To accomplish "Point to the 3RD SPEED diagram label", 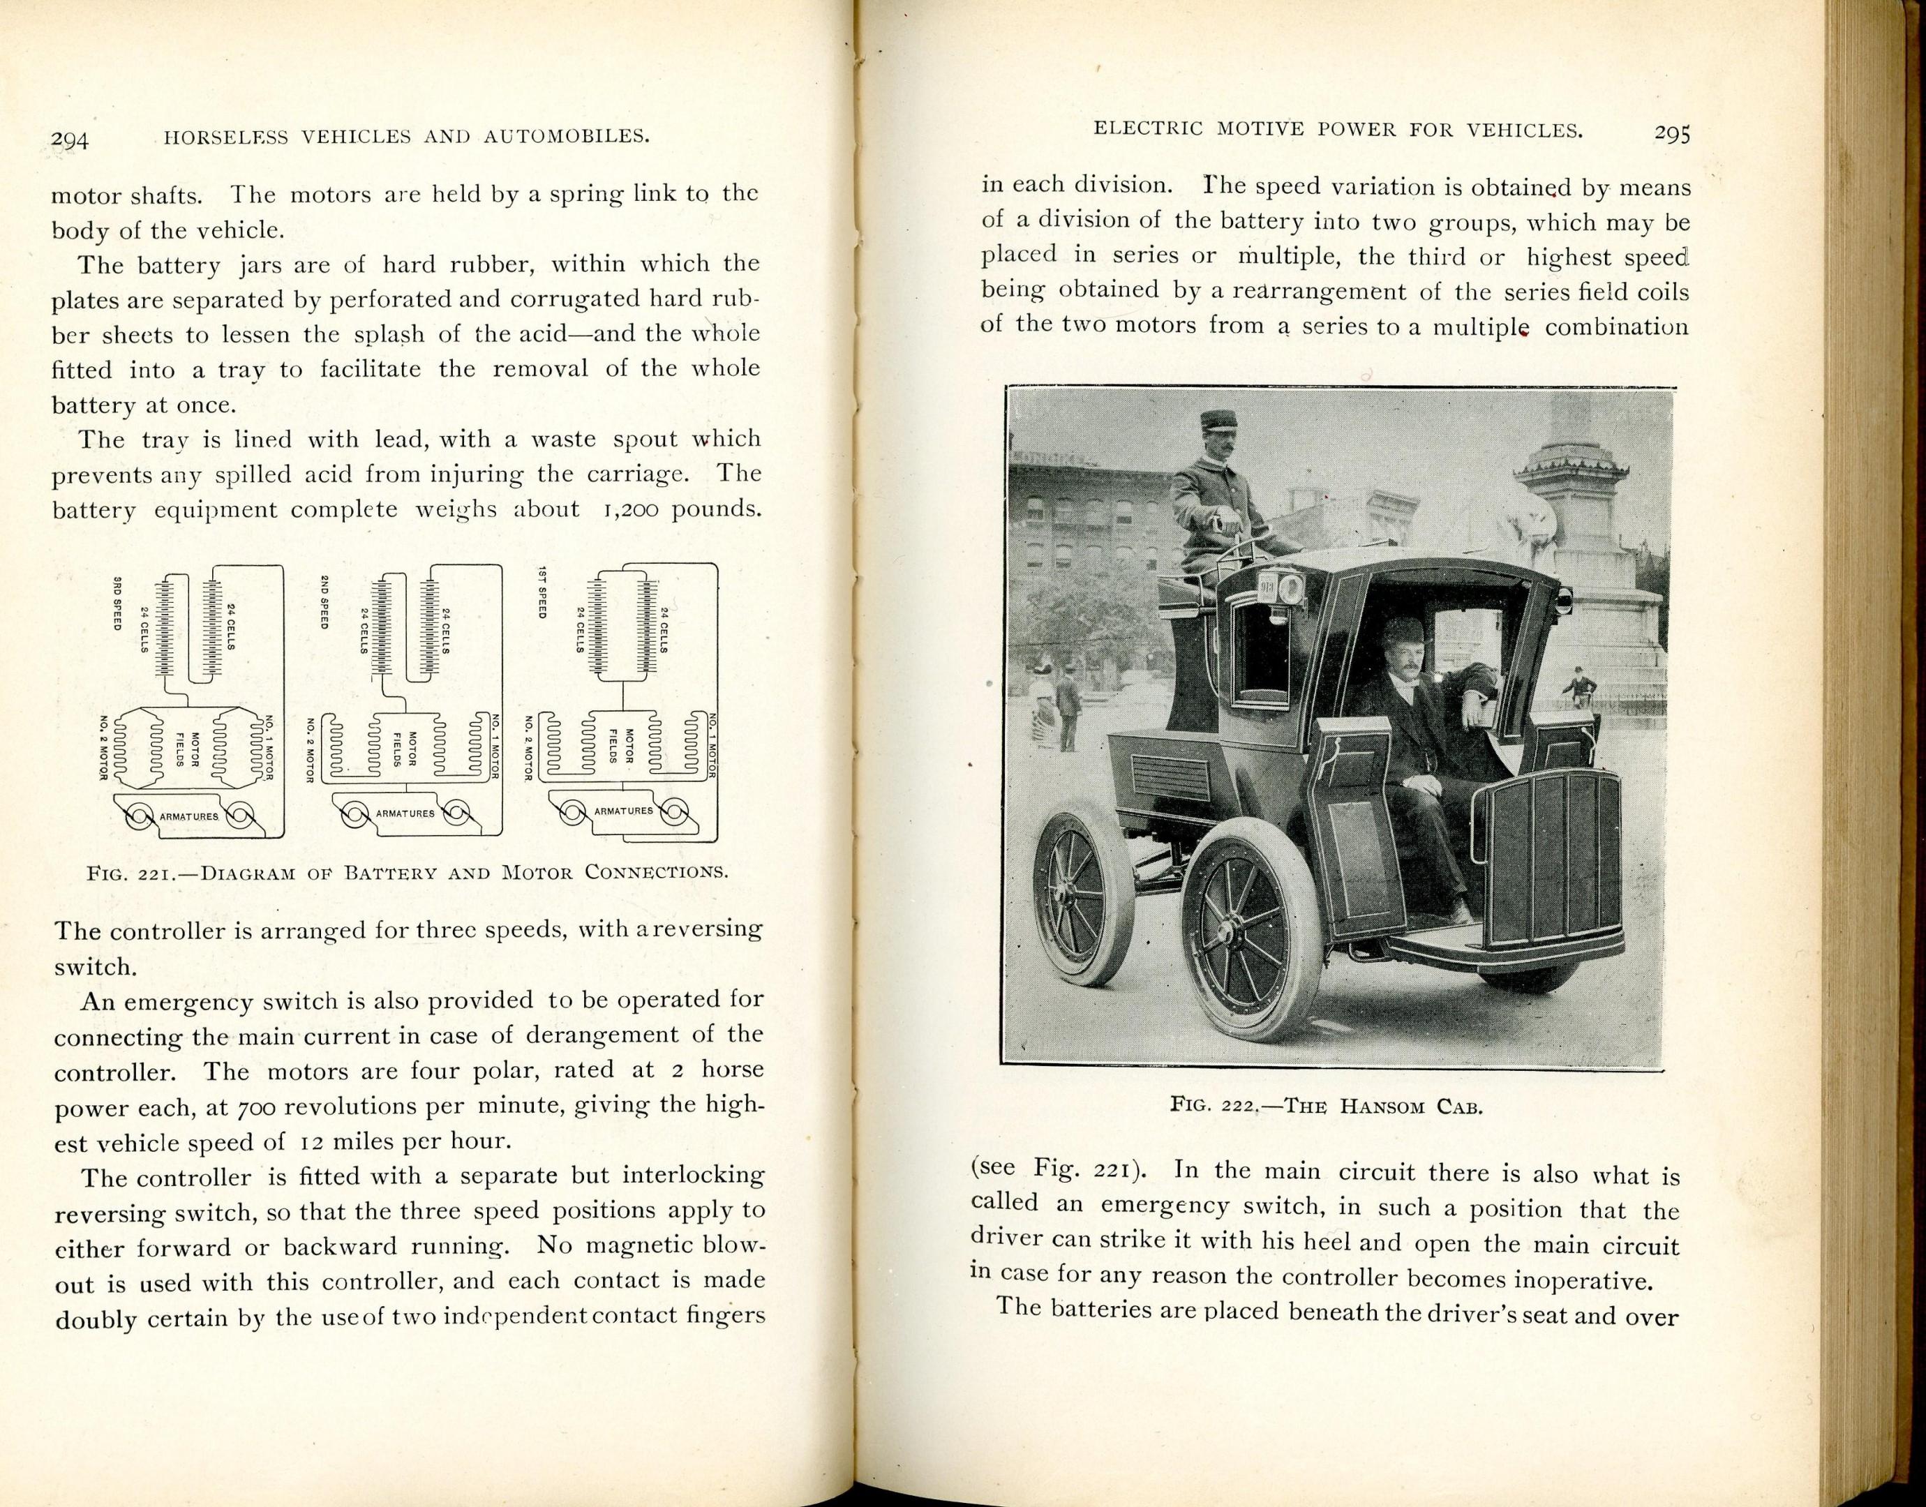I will coord(117,603).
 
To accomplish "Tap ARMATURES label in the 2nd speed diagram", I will coord(404,813).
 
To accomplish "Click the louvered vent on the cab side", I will coord(1171,774).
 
